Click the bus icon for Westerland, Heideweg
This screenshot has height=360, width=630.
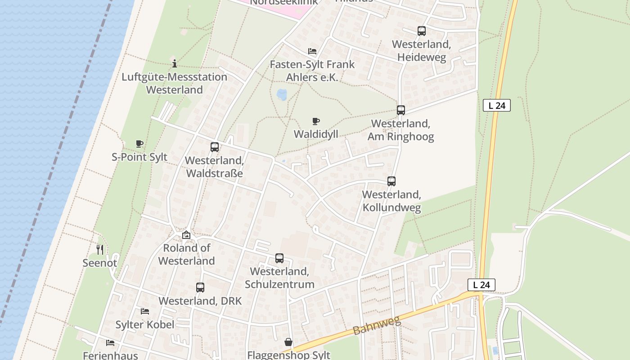point(421,31)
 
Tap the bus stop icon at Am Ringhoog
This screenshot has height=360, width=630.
point(400,110)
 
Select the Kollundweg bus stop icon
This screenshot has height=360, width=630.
point(391,181)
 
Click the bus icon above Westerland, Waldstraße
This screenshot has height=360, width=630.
point(215,147)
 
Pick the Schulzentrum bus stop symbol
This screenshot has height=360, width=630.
point(279,258)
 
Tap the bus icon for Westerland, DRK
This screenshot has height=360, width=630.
point(200,288)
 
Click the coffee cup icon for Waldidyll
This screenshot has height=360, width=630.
point(316,121)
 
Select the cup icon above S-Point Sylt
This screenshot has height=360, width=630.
point(139,144)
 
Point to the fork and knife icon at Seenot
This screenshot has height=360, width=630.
point(100,249)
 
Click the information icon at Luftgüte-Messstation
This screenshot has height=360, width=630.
point(175,63)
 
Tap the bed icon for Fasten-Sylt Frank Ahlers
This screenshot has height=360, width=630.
point(312,51)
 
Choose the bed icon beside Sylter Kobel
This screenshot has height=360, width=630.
point(144,311)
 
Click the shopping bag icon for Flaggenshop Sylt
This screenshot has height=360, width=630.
point(288,342)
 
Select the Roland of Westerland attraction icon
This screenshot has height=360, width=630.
point(186,235)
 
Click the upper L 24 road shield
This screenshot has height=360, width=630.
point(497,106)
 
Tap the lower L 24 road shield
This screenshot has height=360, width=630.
point(481,285)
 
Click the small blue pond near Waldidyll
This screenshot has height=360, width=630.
point(282,94)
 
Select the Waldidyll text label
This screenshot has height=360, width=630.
point(316,134)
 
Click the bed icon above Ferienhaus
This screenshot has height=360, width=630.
point(110,343)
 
